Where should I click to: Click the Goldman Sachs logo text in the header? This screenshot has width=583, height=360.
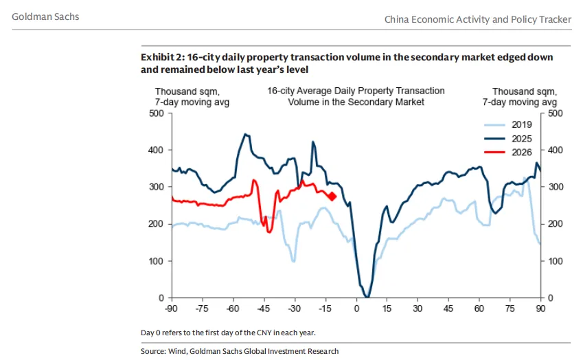45,16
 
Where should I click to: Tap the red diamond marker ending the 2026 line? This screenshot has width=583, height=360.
332,196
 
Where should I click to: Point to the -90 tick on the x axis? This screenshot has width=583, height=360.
171,309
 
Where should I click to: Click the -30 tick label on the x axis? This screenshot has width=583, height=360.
295,309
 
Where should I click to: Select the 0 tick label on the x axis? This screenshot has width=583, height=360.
356,309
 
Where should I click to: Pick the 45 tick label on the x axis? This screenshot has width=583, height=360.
448,309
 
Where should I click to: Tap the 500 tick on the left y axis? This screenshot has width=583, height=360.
156,113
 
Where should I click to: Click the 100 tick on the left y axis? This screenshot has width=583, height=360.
156,261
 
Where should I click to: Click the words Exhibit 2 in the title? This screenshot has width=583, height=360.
161,57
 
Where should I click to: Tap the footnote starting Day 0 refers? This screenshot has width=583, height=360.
229,333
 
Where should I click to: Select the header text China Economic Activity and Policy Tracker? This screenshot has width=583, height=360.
477,19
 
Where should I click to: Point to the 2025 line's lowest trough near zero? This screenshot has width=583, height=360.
367,296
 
